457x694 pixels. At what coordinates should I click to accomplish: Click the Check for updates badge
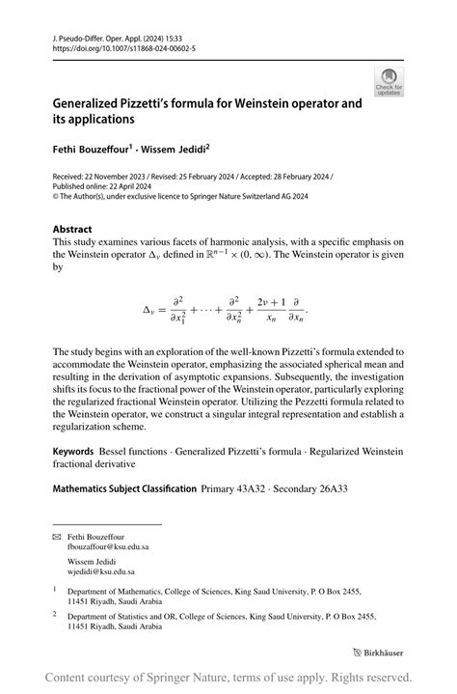[390, 82]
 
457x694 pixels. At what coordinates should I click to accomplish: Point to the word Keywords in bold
[73, 452]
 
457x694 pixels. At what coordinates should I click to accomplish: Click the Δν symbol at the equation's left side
[153, 311]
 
